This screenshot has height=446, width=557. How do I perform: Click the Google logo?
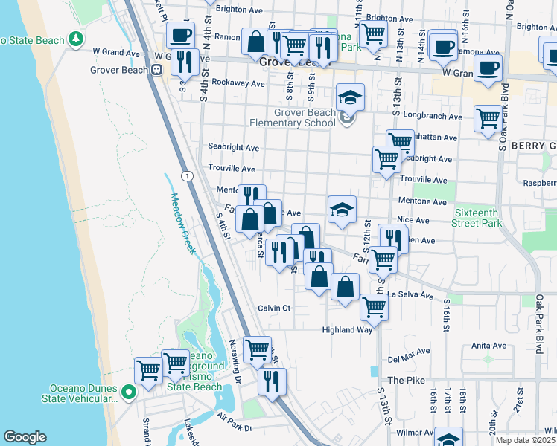coord(25,437)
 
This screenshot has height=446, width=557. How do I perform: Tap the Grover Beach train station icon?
coord(156,69)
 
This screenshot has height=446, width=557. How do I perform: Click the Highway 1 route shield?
coord(185,175)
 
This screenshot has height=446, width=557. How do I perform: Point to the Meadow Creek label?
coord(183,223)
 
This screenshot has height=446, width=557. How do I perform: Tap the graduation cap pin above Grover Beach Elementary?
coord(350,97)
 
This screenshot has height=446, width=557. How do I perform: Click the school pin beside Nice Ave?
coord(342,210)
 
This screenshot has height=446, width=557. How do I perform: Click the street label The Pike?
coord(405,380)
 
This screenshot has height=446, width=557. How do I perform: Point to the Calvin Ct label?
coord(273,308)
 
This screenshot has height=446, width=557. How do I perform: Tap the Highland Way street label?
coord(346,329)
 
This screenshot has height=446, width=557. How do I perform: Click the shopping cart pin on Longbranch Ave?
coord(488,118)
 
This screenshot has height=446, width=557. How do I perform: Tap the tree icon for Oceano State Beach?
coord(75,39)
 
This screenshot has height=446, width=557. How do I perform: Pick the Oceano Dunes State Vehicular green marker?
coord(128,392)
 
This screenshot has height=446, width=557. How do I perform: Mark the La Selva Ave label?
coord(410,295)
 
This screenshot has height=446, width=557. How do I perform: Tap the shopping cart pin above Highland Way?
coord(373,306)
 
